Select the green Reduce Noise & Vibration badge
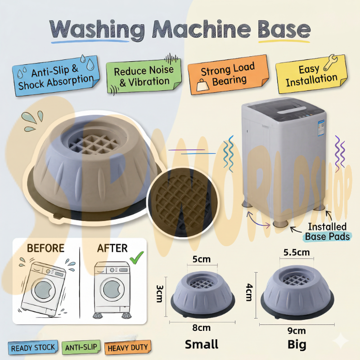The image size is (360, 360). pyautogui.click(x=144, y=76)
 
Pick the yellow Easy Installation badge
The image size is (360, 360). pyautogui.click(x=311, y=75)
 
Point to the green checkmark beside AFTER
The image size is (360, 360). pyautogui.click(x=136, y=256)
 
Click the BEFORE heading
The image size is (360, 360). pyautogui.click(x=45, y=248)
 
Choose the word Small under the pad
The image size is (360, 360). pyautogui.click(x=202, y=344)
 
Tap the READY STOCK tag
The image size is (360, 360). pyautogui.click(x=33, y=347)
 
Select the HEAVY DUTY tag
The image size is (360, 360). pyautogui.click(x=127, y=347)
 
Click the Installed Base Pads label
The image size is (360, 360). pyautogui.click(x=327, y=231)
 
